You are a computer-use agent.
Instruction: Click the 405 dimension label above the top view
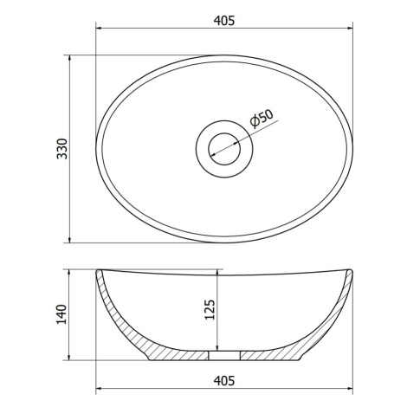coord(224,21)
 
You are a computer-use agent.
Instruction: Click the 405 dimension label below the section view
coord(224,381)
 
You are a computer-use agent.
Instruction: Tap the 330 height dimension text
coord(62,149)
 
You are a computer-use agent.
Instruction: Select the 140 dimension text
coord(61,314)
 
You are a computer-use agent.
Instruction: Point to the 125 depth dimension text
coord(210,310)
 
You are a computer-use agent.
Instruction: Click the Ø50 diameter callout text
coord(262,119)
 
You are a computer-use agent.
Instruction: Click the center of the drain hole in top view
coord(224,149)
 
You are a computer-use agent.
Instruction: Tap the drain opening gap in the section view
coord(224,356)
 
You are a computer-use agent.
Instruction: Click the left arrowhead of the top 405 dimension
coord(99,29)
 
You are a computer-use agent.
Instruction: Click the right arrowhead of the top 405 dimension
coord(350,29)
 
